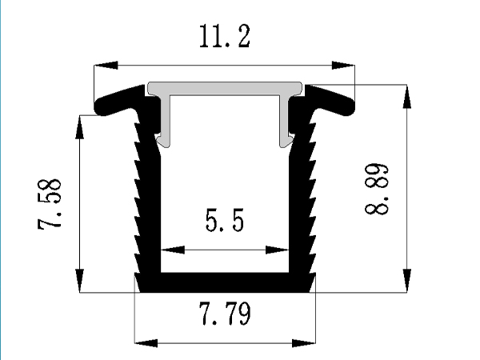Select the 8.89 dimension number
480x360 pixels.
[378, 190]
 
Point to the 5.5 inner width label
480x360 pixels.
[224, 222]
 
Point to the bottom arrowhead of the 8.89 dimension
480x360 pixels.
[408, 283]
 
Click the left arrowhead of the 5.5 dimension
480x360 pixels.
[171, 250]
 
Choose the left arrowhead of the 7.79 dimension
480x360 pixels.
[144, 344]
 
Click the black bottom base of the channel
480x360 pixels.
[225, 282]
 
